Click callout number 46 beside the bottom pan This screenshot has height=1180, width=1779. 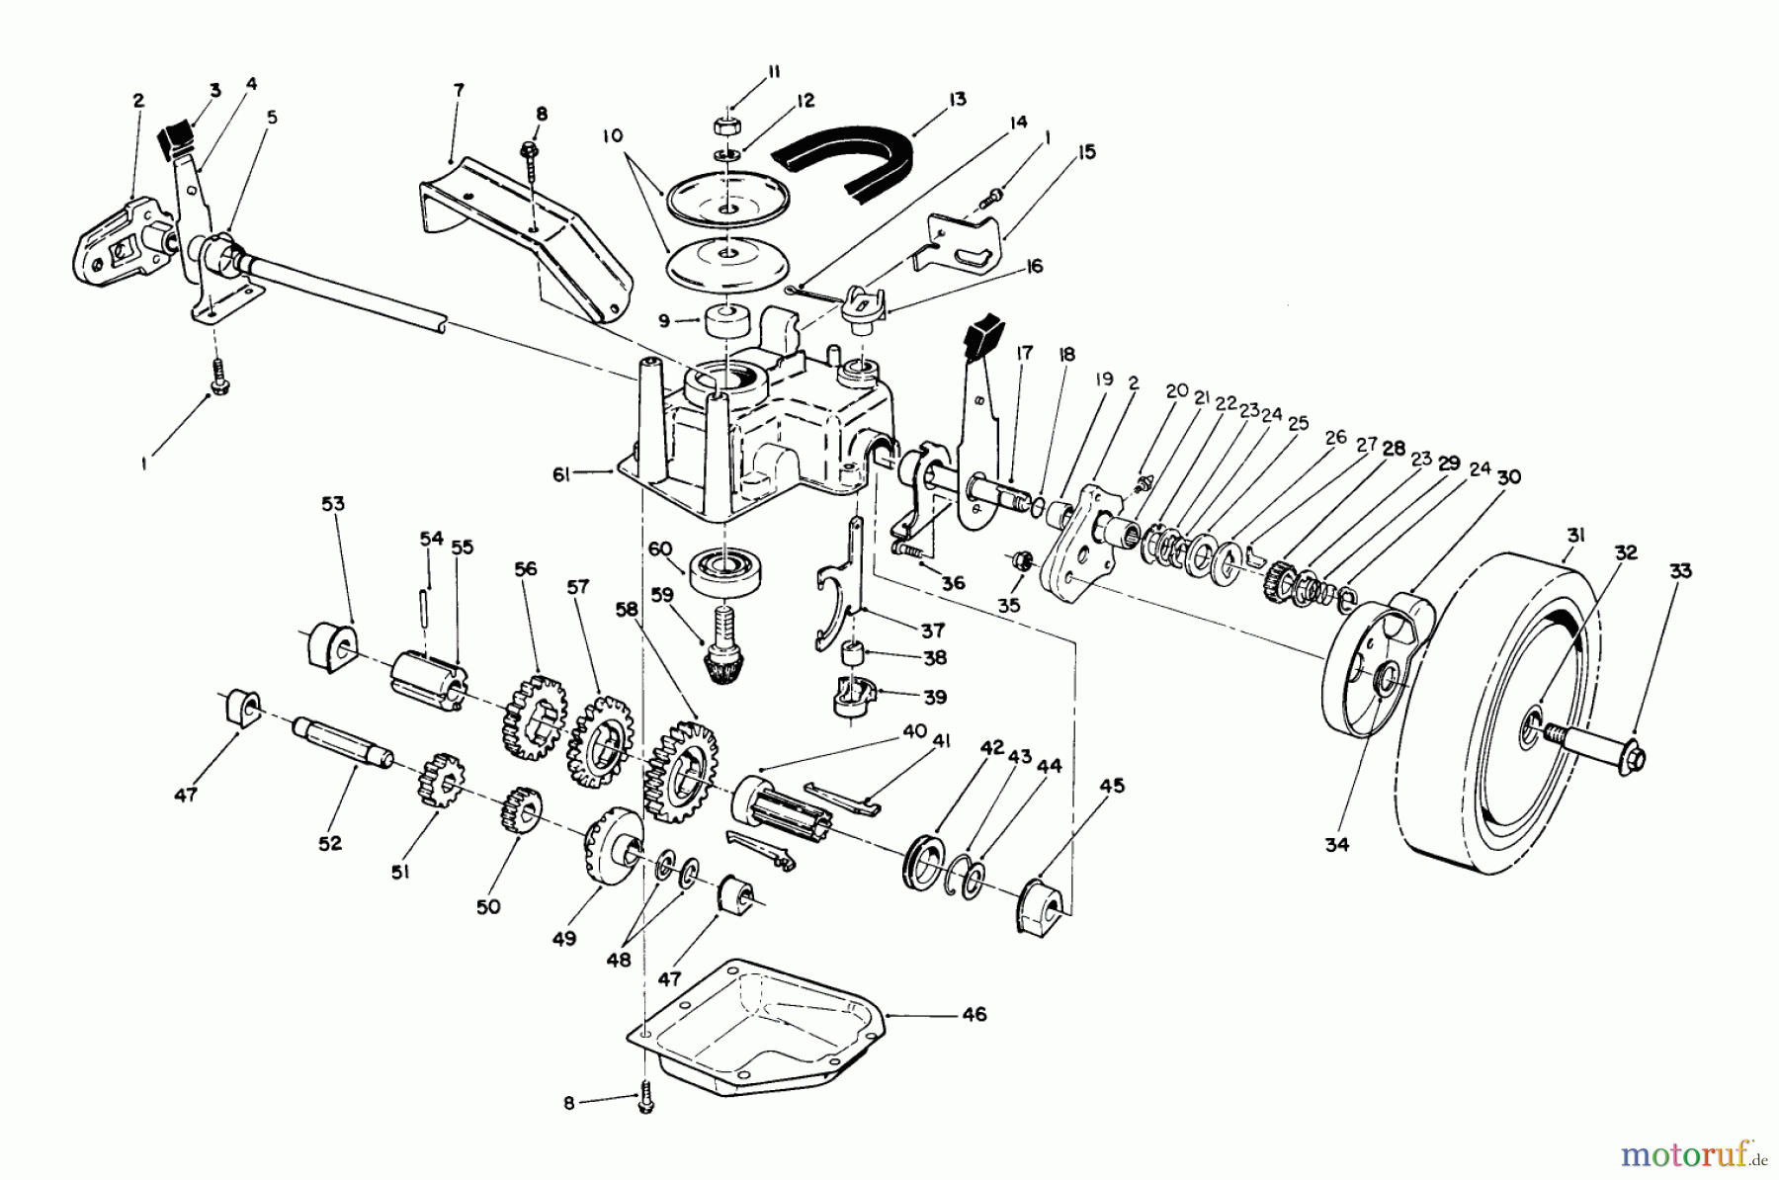point(974,1015)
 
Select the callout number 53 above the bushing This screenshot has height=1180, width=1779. point(333,504)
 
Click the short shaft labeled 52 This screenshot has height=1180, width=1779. point(341,742)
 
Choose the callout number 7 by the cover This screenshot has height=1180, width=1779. point(457,90)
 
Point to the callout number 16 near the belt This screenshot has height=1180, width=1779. point(1034,267)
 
